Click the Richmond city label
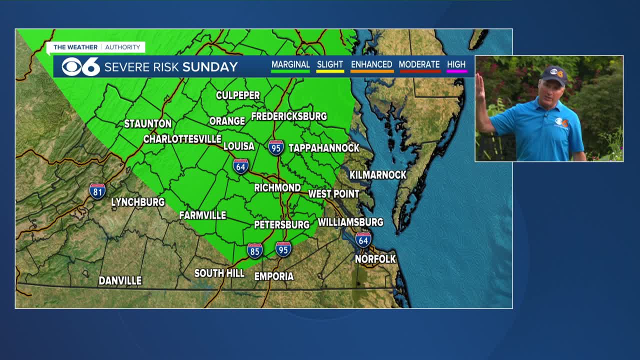point(277,188)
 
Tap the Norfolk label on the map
point(375,259)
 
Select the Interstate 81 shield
point(97,191)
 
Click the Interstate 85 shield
point(254,250)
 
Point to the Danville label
point(120,281)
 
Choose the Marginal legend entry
point(290,65)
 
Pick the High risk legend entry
point(456,65)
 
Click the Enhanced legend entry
point(371,65)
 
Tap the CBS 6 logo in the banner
point(80,66)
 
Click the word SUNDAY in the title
point(210,67)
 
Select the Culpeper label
point(237,95)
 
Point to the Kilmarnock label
point(377,175)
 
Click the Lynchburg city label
point(137,202)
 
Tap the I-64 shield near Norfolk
point(363,239)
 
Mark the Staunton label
point(147,123)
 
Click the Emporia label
point(273,276)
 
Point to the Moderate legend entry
point(419,65)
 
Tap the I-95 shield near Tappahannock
point(276,147)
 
